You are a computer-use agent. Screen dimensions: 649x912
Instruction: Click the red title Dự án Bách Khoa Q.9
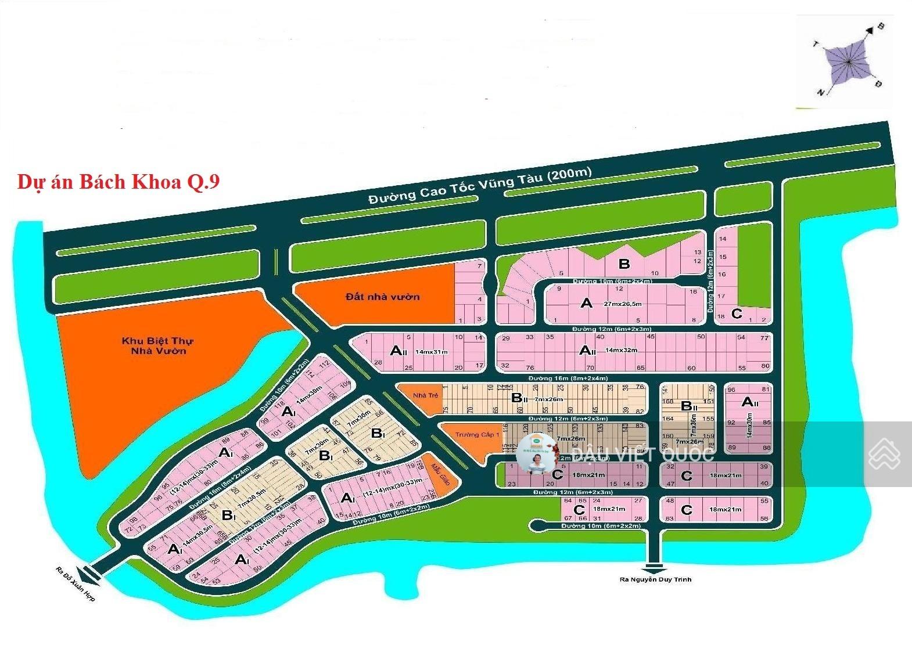coord(119,182)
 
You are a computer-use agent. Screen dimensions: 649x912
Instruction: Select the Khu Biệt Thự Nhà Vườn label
coord(158,346)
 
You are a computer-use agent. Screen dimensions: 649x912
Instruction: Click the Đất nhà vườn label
coord(382,297)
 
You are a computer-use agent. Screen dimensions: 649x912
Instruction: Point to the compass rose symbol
coord(848,62)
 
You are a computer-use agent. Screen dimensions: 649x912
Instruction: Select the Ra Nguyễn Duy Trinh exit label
coord(656,579)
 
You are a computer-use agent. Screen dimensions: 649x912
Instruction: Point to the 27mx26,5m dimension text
coord(623,304)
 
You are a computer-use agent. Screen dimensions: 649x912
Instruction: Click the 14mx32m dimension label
coord(621,350)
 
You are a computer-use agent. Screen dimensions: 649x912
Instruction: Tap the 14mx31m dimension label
coord(432,351)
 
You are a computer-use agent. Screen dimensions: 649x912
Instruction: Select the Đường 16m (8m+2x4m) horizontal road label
coord(568,378)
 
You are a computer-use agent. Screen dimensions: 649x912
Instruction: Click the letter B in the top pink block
coord(624,264)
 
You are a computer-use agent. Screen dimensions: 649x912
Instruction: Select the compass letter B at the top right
coord(880,26)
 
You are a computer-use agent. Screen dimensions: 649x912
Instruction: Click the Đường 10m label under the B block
coord(612,282)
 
